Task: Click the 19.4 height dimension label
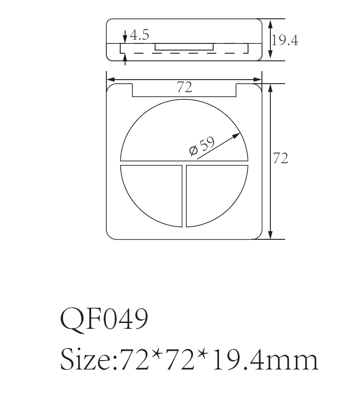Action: pyautogui.click(x=285, y=41)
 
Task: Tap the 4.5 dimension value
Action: pyautogui.click(x=139, y=35)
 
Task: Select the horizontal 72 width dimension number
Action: pyautogui.click(x=184, y=88)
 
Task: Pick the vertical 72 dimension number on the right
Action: pyautogui.click(x=280, y=158)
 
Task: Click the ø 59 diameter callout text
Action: pyautogui.click(x=202, y=146)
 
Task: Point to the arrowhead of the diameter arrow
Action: pyautogui.click(x=239, y=134)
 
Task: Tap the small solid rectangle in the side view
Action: pyautogui.click(x=184, y=47)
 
